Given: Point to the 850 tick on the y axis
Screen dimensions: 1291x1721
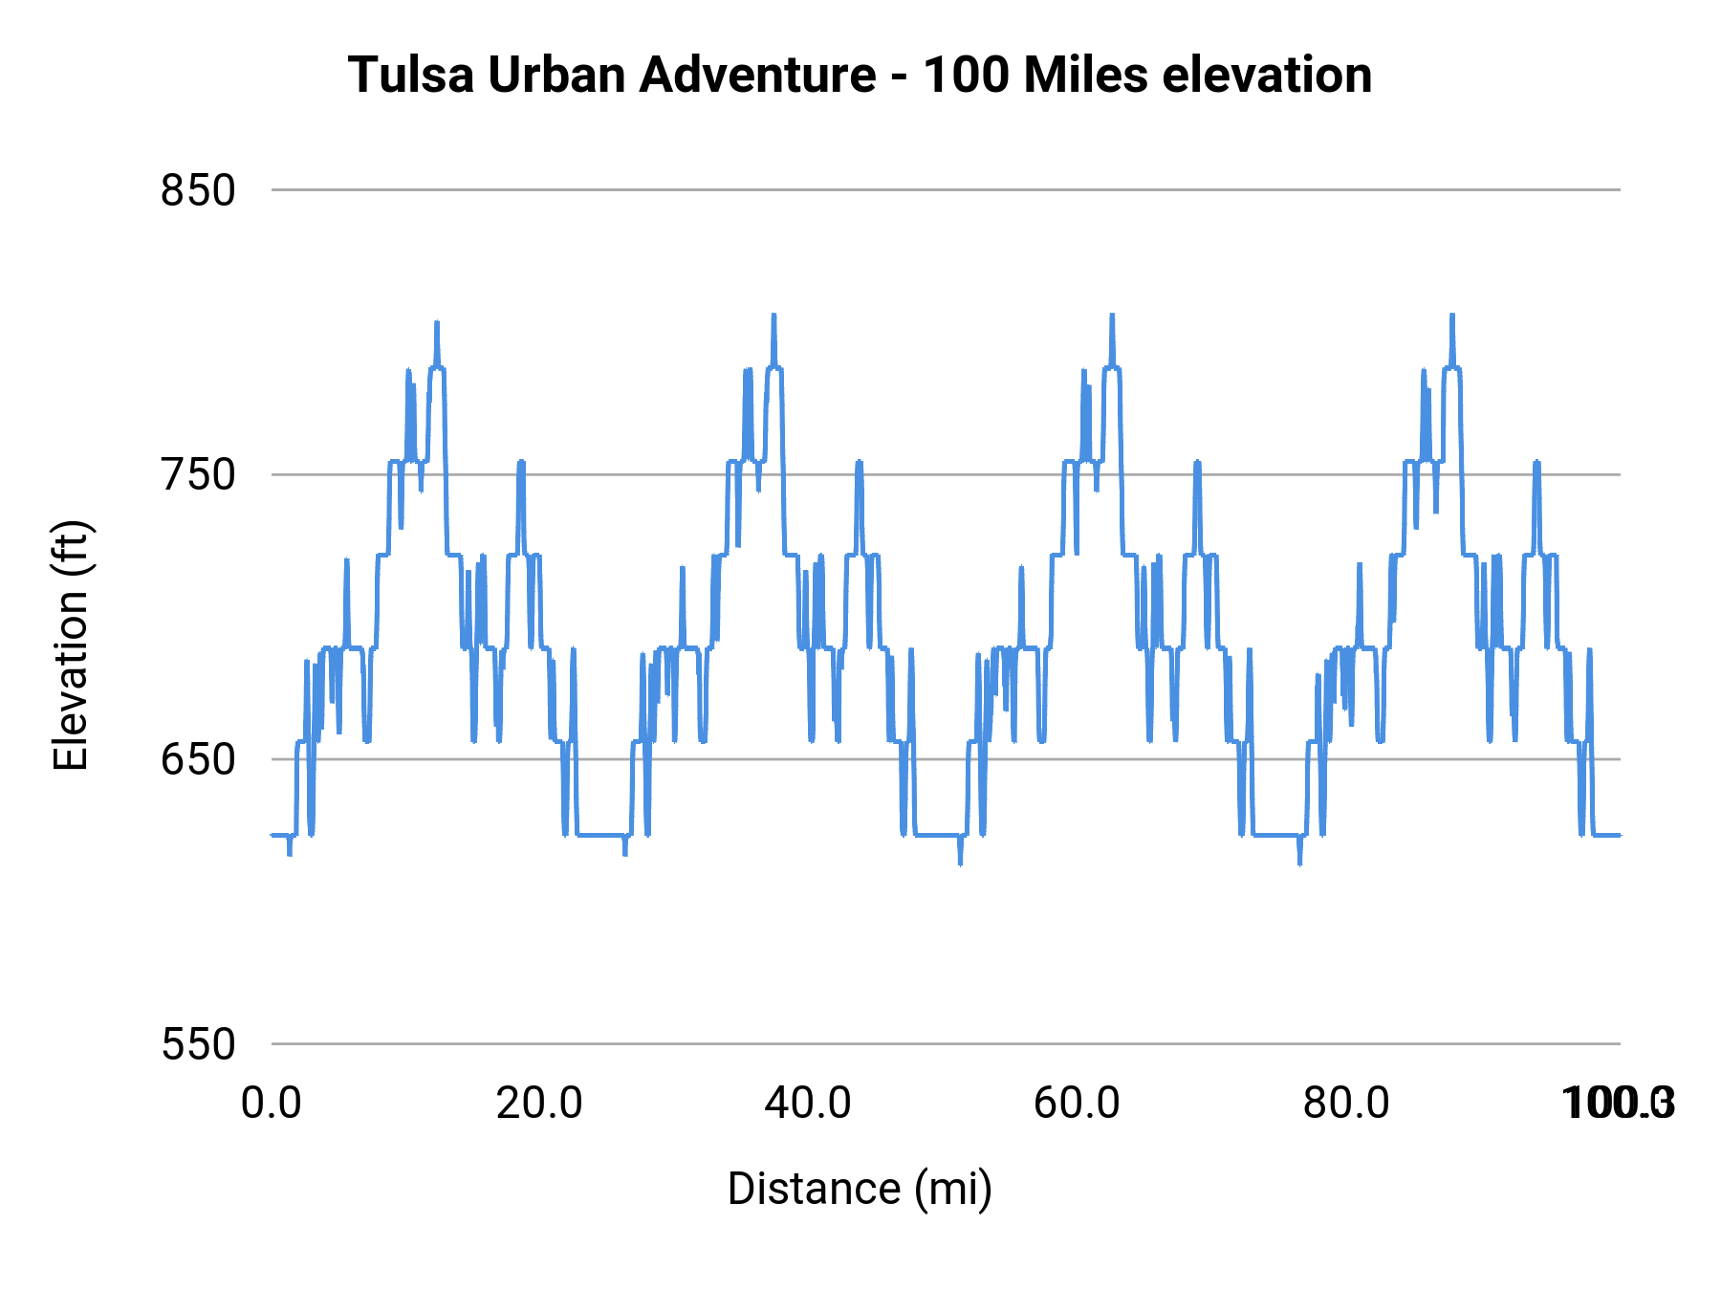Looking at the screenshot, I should [x=198, y=190].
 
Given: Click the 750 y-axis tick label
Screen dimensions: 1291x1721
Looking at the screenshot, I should [x=198, y=474].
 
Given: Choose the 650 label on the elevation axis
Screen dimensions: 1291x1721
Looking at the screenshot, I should [x=198, y=759].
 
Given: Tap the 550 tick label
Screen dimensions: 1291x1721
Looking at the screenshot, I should [x=198, y=1044].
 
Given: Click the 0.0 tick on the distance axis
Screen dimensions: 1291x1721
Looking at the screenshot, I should [x=272, y=1104].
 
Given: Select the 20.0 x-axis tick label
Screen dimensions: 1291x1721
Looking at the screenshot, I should [x=539, y=1104].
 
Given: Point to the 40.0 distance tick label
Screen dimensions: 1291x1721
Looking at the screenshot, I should [x=808, y=1104].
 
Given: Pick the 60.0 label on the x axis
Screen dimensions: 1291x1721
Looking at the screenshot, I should [x=1077, y=1104].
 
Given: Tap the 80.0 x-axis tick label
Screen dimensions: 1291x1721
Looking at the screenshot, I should [x=1346, y=1104].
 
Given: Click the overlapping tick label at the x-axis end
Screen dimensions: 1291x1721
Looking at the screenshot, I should [x=1618, y=1104].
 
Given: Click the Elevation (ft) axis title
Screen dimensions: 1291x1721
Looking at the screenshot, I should [x=71, y=645].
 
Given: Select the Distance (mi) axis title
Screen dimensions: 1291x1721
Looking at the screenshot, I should [x=860, y=1189].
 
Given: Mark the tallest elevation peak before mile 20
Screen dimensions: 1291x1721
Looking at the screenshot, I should [x=437, y=323].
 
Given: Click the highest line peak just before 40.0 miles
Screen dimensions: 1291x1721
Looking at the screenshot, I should [x=773, y=316].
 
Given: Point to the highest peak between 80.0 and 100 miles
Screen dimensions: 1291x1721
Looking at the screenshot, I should [x=1451, y=316].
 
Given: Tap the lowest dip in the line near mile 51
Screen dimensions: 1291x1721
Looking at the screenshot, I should [x=960, y=863].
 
